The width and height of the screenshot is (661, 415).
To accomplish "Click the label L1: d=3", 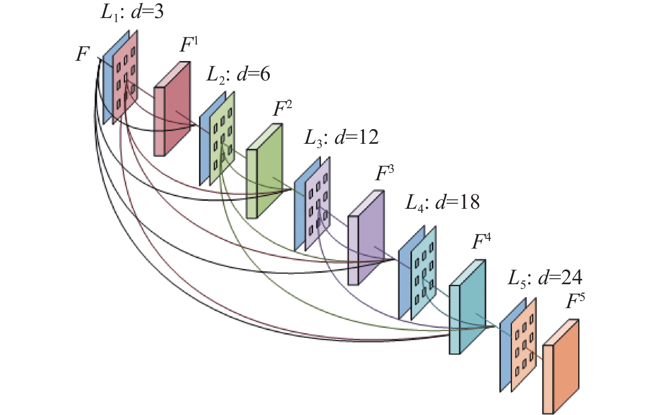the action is pos(132,13).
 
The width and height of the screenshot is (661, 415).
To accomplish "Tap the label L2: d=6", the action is pos(238,75).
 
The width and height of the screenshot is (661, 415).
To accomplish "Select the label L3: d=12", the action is pos(341,138).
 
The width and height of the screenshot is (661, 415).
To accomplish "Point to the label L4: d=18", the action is pos(442,203).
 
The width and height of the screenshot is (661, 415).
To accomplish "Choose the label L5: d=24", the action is pos(545,278).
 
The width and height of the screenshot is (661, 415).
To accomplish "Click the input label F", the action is pos(82,54).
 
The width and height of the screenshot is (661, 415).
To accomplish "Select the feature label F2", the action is pos(282,109).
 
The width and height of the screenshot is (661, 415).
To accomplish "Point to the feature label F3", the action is pos(384,173).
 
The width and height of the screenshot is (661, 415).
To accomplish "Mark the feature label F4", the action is pos(481,242).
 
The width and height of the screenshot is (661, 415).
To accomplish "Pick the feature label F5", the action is pos(575,301).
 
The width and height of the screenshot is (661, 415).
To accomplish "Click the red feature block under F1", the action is pos(172,109).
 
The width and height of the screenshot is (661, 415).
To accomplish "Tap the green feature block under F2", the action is pos(264,171).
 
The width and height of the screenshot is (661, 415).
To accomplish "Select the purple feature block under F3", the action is pos(366,238).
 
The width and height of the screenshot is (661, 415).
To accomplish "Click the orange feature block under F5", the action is pos(561,367).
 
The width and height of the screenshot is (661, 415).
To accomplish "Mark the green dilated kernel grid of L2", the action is pos(222,138).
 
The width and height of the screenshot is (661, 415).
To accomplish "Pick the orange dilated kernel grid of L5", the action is pos(524,345).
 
